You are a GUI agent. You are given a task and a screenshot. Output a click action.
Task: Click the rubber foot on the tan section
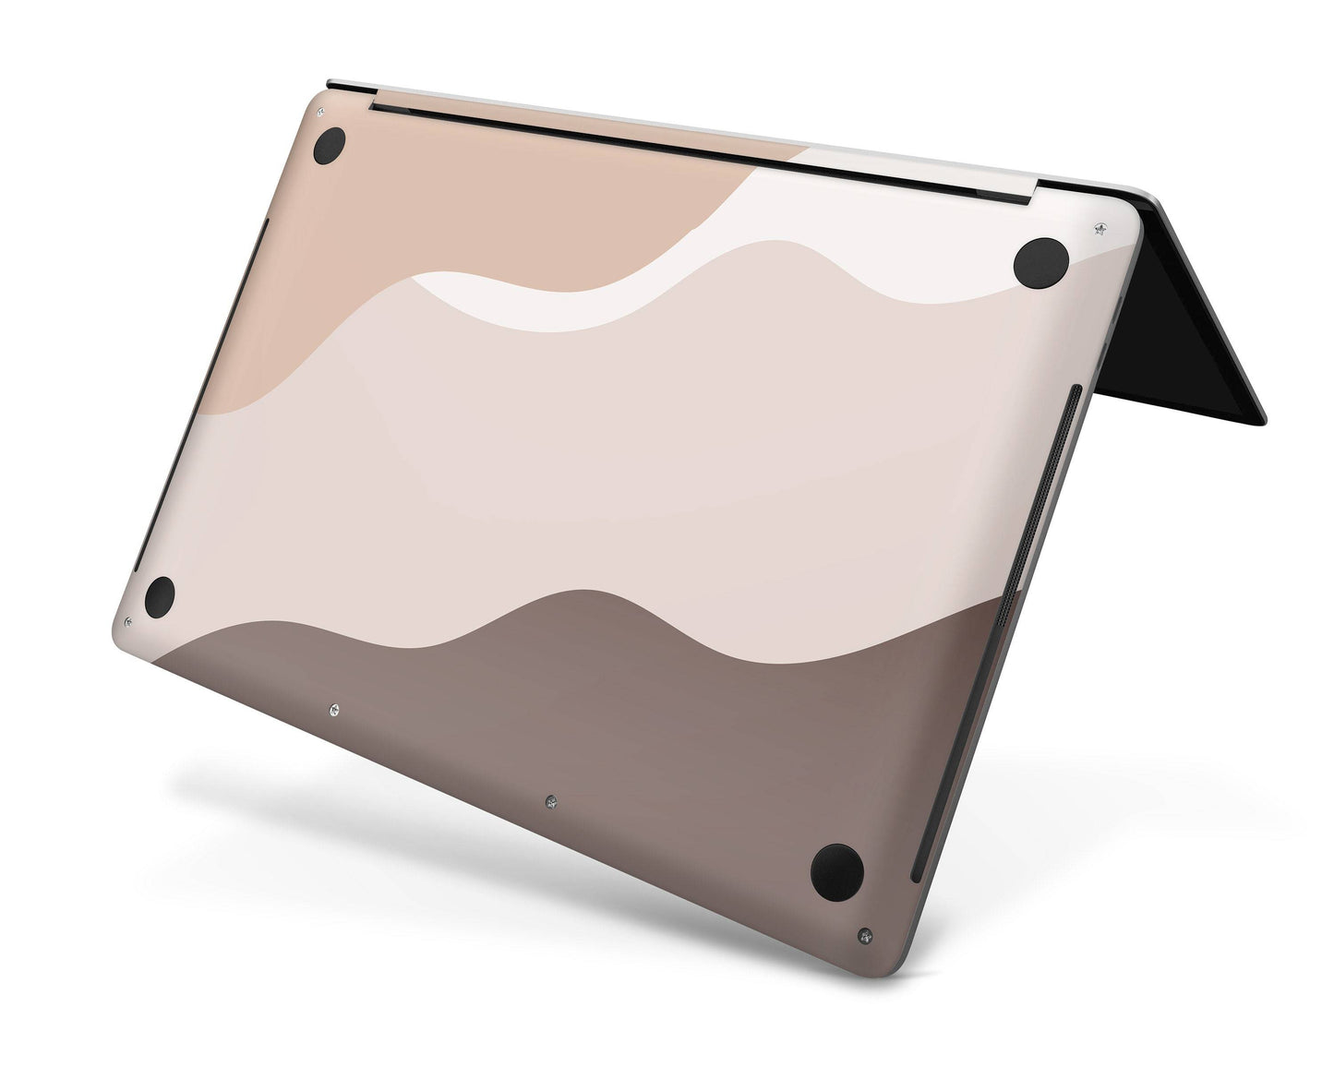(x=329, y=146)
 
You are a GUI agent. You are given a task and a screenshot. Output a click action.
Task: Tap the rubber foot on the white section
(x=1040, y=262)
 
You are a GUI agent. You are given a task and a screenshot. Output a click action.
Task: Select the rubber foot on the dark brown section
(x=836, y=871)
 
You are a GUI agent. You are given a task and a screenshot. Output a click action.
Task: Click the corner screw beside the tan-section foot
(x=320, y=112)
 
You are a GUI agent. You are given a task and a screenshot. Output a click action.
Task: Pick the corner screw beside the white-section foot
(x=1099, y=227)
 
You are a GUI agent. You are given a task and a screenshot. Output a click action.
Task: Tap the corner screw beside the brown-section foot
(x=864, y=936)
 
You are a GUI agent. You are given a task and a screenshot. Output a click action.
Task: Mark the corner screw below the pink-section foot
(x=126, y=622)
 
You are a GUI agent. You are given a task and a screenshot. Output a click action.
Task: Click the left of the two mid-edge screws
(x=333, y=710)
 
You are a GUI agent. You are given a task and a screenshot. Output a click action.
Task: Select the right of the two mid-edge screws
(x=550, y=801)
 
